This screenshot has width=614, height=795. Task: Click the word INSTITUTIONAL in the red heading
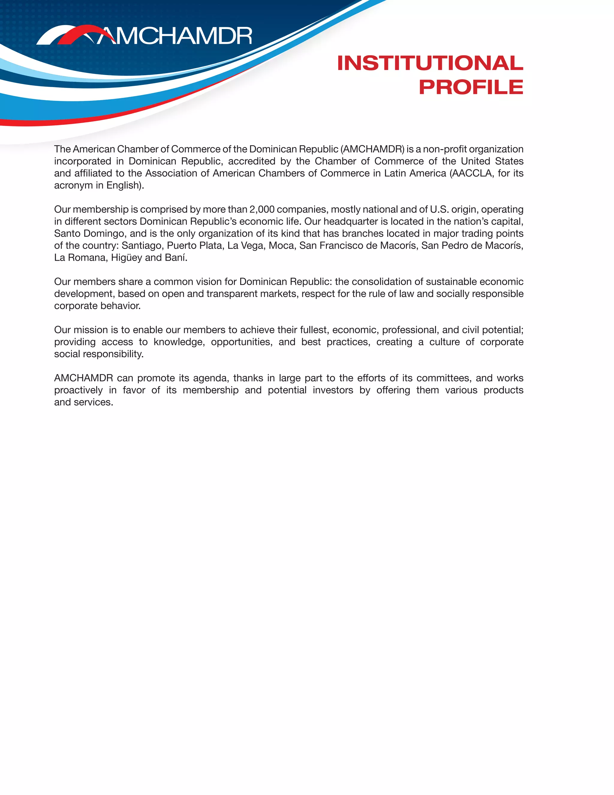point(430,63)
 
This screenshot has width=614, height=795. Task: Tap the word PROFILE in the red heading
point(471,87)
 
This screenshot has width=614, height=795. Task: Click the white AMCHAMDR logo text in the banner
point(174,36)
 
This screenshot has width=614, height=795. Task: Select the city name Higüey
point(127,258)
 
